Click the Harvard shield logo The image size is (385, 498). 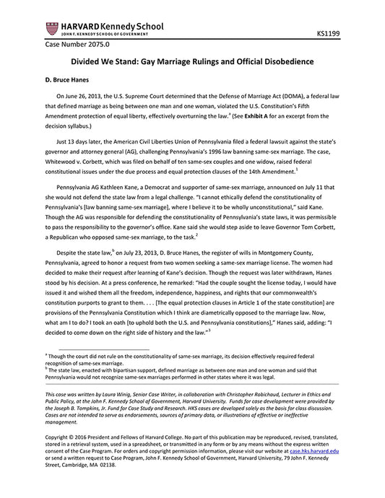pos(51,28)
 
